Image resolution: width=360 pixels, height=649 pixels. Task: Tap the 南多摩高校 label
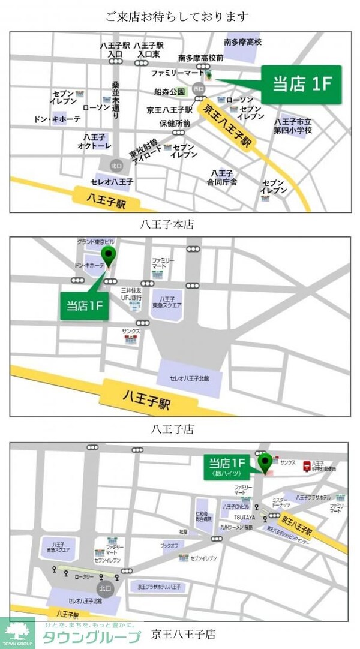point(242,43)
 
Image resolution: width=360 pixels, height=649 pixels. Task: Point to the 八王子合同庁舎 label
point(222,177)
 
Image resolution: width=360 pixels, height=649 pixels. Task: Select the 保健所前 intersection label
point(175,123)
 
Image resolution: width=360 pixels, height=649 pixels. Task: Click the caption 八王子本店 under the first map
point(169,226)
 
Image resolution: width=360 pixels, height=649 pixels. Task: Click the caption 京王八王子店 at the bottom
point(183,633)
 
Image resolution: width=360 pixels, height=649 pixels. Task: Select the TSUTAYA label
point(244,517)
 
